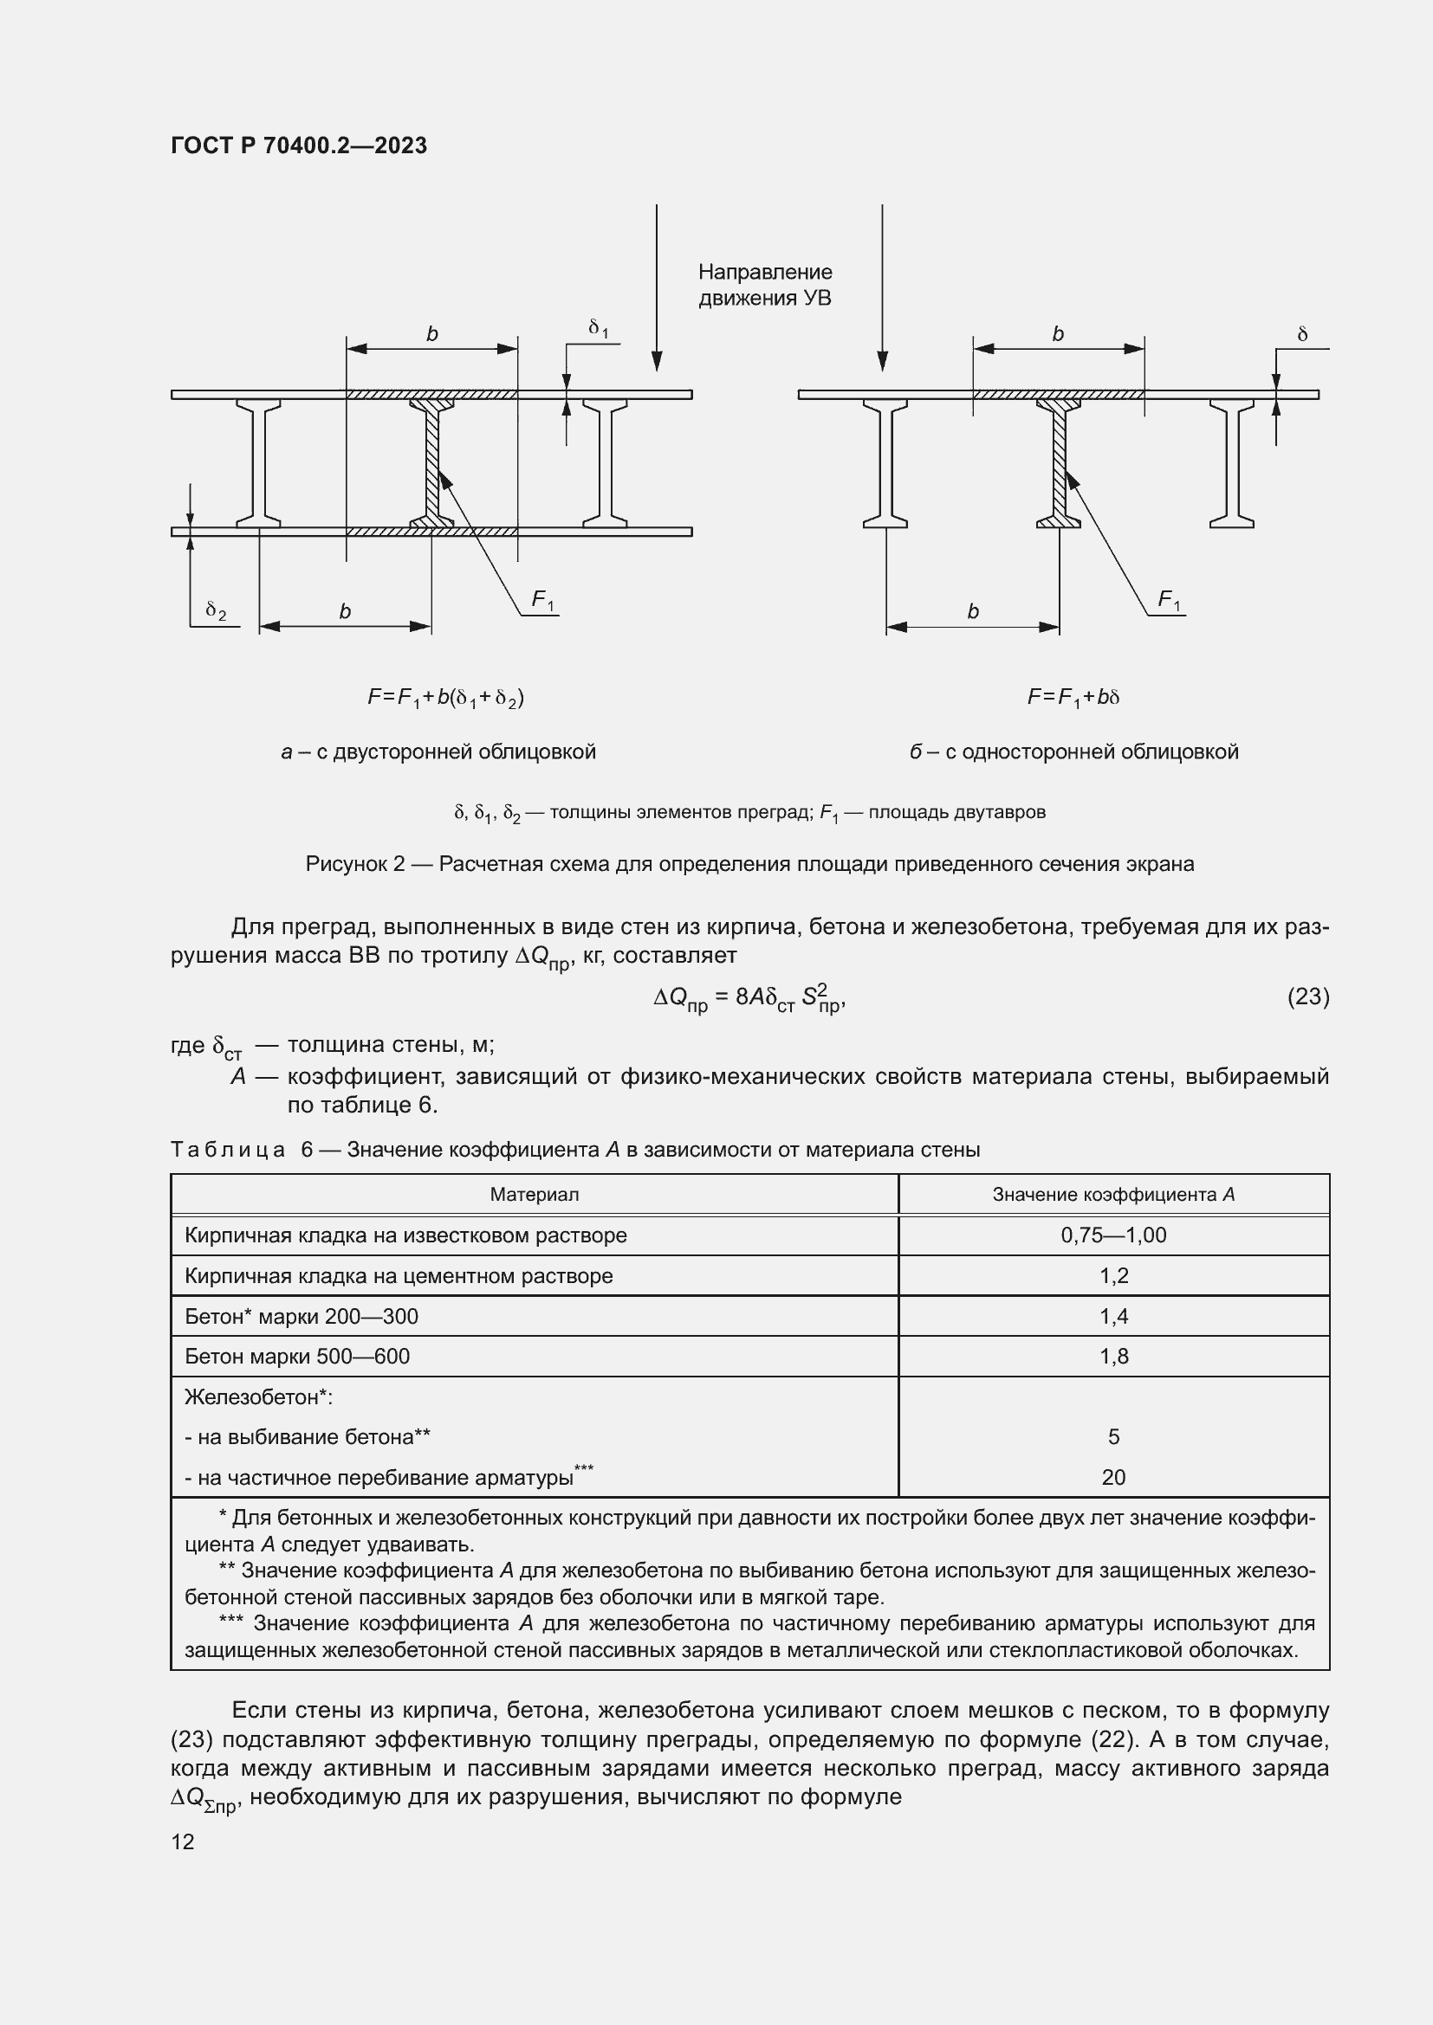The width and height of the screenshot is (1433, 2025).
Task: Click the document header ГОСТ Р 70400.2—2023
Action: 298,145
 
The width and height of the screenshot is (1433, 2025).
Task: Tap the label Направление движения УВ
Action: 764,285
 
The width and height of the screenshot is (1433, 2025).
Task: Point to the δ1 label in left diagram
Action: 599,328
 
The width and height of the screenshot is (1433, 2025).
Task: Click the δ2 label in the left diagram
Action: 216,610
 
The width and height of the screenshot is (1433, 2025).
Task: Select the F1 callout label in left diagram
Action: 541,601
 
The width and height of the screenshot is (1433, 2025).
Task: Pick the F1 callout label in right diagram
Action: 1168,601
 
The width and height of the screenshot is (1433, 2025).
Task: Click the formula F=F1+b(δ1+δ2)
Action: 445,699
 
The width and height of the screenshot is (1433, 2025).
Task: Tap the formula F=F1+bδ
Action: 1073,698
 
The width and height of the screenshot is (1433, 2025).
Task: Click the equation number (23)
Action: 1307,996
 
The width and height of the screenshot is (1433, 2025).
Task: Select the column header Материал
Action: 534,1194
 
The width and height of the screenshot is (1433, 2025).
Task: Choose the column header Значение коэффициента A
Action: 1112,1194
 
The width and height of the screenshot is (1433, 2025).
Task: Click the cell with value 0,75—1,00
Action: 1112,1235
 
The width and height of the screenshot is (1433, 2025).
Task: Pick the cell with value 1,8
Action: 1112,1357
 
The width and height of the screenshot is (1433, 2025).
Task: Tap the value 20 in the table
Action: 1112,1477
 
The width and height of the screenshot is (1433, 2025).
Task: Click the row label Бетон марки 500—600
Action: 297,1357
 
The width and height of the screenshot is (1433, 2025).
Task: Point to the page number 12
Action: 183,1841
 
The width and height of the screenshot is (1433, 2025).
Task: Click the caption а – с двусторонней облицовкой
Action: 438,752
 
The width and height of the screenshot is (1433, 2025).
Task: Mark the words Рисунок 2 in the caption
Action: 354,864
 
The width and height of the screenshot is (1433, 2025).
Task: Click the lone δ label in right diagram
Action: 1301,335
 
